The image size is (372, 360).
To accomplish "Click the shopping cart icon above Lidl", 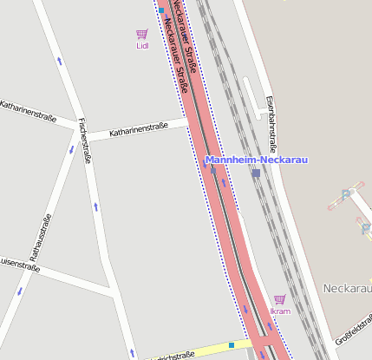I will pyautogui.click(x=141, y=35).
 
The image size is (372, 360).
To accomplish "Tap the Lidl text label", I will pyautogui.click(x=142, y=47).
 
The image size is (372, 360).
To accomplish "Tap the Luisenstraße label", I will pyautogui.click(x=19, y=262).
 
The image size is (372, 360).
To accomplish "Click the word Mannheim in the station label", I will pyautogui.click(x=232, y=160).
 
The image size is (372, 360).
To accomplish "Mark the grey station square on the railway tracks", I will pyautogui.click(x=256, y=173).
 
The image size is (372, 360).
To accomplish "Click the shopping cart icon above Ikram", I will pyautogui.click(x=279, y=299).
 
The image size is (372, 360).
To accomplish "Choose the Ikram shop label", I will pyautogui.click(x=279, y=311).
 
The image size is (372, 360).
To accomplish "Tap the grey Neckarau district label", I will pyautogui.click(x=346, y=287).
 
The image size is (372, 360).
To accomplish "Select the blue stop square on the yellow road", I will pyautogui.click(x=232, y=345).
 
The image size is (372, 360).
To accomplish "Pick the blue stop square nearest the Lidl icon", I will pyautogui.click(x=161, y=11).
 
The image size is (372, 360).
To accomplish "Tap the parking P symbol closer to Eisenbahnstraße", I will pyautogui.click(x=346, y=194).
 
